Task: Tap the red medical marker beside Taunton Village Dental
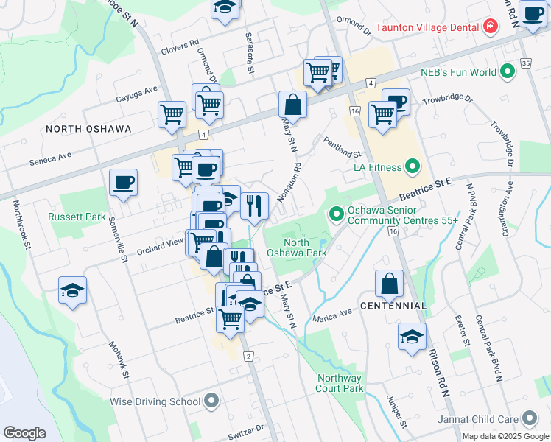point(491,27)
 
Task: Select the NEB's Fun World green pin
point(507,72)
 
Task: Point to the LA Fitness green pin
point(412,166)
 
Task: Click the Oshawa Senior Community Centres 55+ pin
point(337,214)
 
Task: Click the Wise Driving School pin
point(212,401)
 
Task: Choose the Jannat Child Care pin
point(529,418)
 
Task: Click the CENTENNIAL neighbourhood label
point(393,305)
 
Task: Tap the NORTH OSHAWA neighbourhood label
point(88,129)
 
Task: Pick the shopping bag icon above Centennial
point(390,284)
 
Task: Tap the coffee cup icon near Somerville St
point(123,183)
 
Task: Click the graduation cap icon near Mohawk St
point(72,292)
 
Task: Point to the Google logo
point(24,433)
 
